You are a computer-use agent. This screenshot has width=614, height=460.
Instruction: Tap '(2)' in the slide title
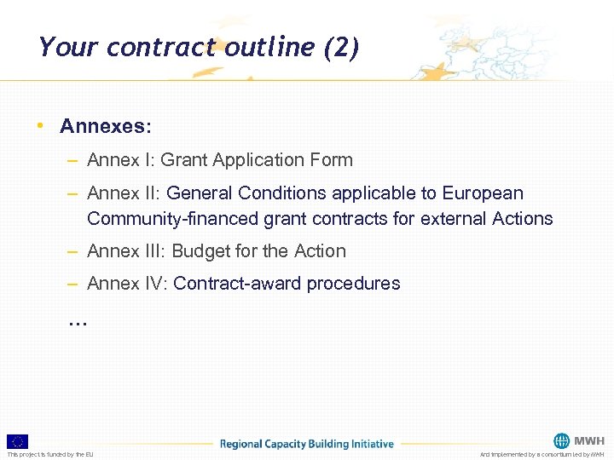(341, 47)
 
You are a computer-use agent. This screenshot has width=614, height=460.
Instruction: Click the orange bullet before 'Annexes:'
(40, 126)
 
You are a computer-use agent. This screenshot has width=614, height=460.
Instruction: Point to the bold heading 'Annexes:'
(106, 127)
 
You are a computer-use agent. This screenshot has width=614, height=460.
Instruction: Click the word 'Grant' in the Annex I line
(182, 159)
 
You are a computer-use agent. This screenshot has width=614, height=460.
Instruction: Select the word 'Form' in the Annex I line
(333, 159)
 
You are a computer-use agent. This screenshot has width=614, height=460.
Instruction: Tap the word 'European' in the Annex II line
(483, 193)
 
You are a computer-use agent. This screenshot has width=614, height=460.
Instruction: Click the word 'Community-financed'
(165, 219)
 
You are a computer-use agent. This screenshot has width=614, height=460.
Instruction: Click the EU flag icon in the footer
(17, 441)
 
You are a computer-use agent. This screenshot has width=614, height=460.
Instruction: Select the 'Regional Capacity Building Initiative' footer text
(307, 444)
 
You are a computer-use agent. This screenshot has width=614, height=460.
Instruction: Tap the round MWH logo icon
(561, 440)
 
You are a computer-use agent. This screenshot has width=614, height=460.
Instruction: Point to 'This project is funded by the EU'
(50, 455)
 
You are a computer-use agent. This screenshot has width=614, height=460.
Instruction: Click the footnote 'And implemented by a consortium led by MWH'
(542, 455)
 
